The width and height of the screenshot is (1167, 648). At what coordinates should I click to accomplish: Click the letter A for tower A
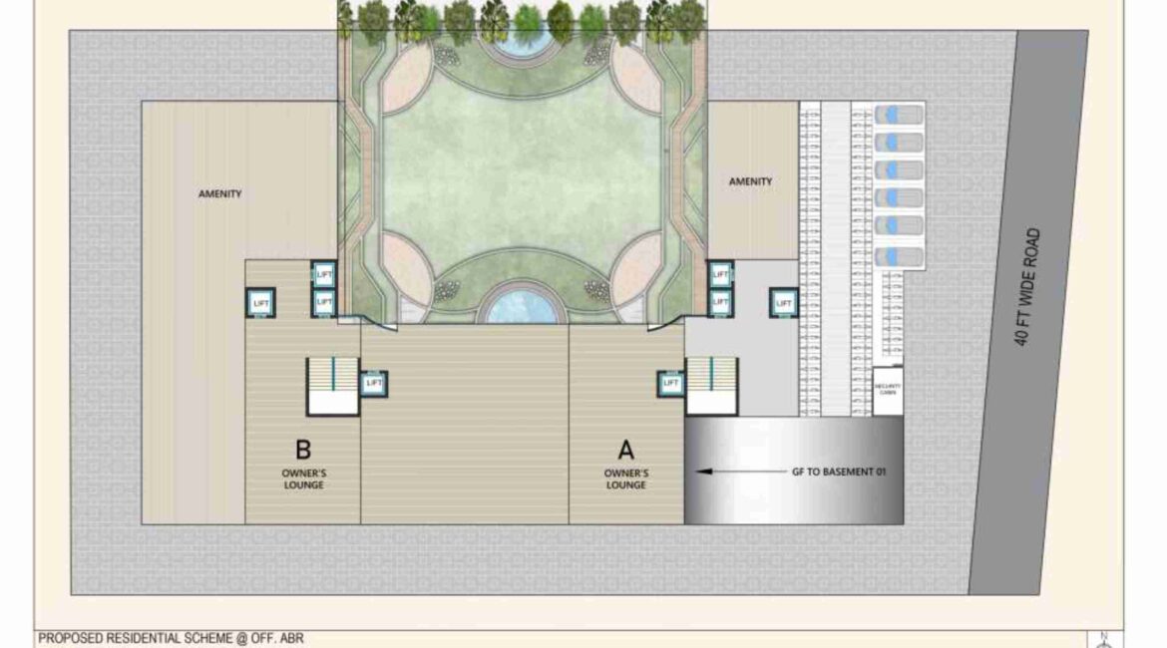tap(626, 450)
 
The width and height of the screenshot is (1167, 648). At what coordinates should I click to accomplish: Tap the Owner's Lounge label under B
tap(303, 479)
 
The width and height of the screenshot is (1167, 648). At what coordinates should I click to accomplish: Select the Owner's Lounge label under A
tap(626, 479)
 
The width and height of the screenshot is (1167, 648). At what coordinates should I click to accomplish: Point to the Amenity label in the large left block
tap(220, 193)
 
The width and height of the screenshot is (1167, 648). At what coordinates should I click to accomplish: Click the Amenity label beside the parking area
tap(750, 181)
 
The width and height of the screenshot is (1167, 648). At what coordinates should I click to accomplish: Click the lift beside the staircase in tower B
tap(374, 382)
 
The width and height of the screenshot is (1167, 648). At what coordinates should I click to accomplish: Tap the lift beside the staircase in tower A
tap(670, 383)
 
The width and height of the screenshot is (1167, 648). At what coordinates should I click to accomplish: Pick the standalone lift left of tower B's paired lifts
tap(260, 302)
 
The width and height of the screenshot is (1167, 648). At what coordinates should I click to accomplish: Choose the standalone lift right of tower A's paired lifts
tap(784, 302)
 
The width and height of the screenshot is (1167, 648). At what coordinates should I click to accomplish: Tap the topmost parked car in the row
tap(898, 115)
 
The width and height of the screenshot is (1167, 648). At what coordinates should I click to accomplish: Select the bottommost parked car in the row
tap(898, 257)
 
